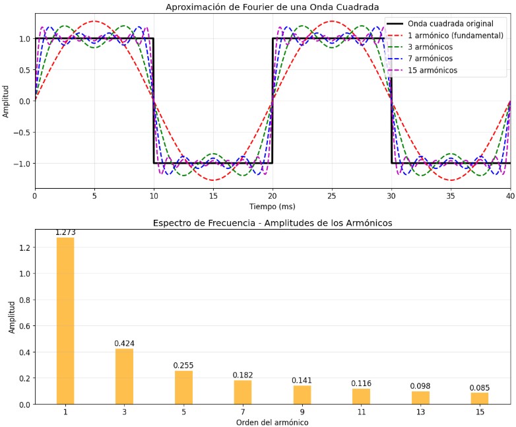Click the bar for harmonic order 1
(x=65, y=321)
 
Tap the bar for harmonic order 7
(x=243, y=392)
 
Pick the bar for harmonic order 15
(x=480, y=398)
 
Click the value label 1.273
(x=65, y=233)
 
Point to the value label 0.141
(x=302, y=380)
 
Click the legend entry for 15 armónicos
(x=432, y=70)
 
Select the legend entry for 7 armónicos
(x=430, y=58)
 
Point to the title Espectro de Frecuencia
(x=272, y=223)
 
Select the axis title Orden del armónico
(x=272, y=422)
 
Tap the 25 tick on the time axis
(x=332, y=196)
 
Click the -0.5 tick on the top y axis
(x=22, y=132)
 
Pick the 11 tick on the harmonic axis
(x=361, y=412)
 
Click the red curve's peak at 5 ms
(x=94, y=21)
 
